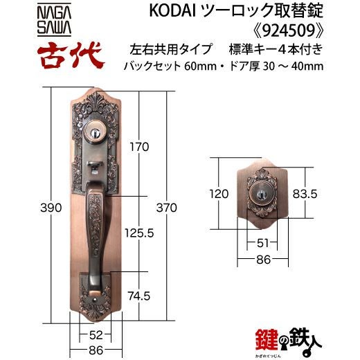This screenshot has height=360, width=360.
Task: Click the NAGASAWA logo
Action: click(x=54, y=20)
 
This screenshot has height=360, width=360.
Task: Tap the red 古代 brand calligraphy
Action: click(x=71, y=55)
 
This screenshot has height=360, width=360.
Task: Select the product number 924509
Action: click(x=289, y=30)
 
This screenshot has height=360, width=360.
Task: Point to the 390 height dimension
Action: click(x=51, y=208)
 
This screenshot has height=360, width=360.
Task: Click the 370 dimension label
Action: click(x=167, y=208)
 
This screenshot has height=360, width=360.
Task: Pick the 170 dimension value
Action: click(x=139, y=147)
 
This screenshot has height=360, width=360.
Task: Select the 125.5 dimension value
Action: click(x=139, y=233)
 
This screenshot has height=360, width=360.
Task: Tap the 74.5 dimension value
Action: click(x=139, y=296)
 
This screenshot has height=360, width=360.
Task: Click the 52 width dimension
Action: click(x=96, y=335)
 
